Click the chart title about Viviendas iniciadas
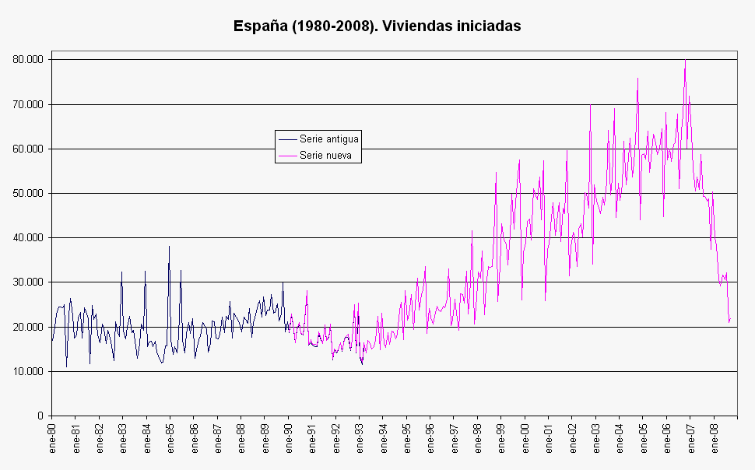pyautogui.click(x=377, y=26)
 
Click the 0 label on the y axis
pyautogui.click(x=40, y=416)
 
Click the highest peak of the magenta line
pyautogui.click(x=685, y=60)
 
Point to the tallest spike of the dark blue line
pyautogui.click(x=169, y=246)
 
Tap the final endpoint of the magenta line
pyautogui.click(x=730, y=319)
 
